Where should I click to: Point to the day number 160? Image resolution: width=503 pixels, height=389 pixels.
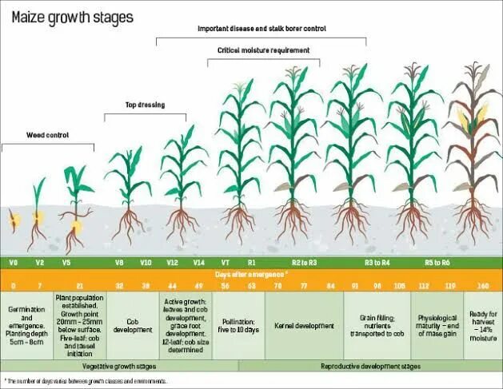click(482, 285)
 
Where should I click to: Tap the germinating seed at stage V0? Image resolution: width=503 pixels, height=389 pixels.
click(14, 218)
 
